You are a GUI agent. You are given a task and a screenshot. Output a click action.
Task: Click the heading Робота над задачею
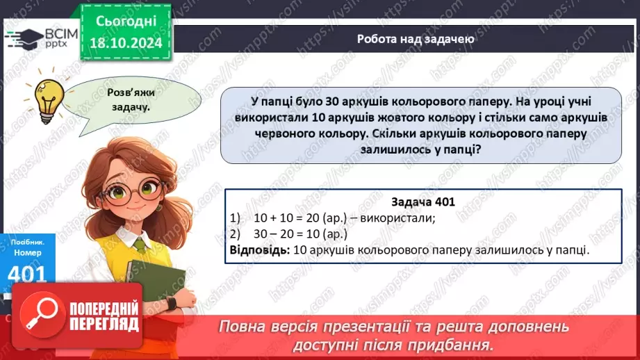[x=416, y=39]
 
